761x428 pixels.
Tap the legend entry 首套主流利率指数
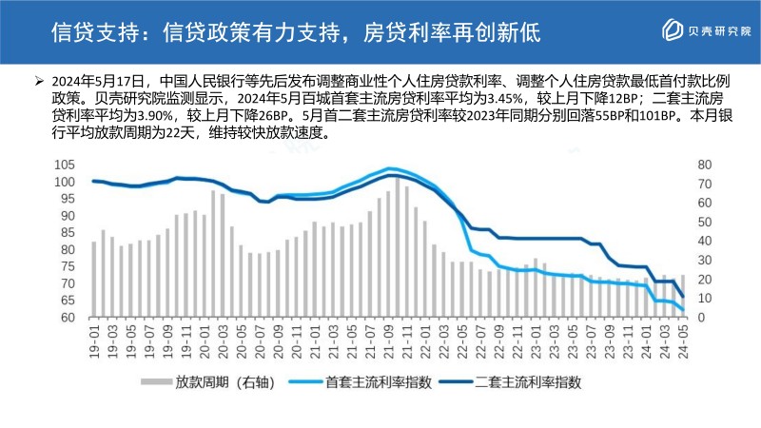coord(379,382)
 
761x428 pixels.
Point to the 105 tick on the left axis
coord(65,164)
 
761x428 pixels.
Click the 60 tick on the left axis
coord(65,318)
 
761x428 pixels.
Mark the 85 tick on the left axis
coord(65,232)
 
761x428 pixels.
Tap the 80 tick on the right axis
coord(703,164)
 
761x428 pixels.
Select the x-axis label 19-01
coord(94,340)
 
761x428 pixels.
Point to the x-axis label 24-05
coord(682,340)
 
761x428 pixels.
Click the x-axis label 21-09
coord(388,340)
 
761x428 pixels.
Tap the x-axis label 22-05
coord(461,340)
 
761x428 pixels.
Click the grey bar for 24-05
coord(682,296)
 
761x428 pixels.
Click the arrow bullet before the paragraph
coord(37,80)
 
